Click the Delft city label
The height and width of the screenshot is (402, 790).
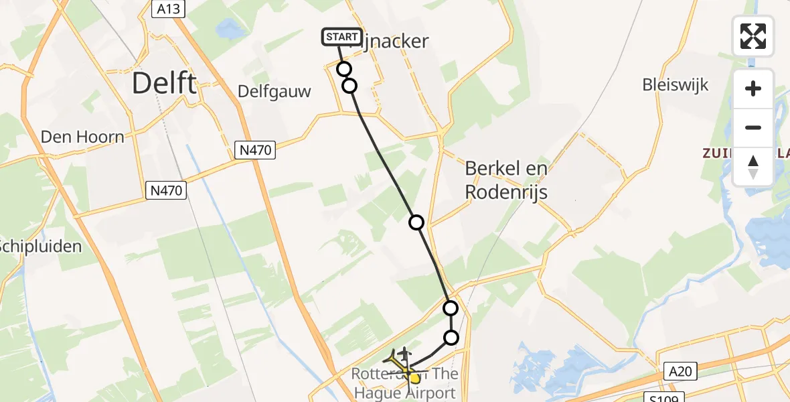(164, 84)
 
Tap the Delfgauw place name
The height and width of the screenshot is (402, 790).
(274, 92)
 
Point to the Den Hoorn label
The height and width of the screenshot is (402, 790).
(83, 137)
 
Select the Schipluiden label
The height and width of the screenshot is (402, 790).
(40, 246)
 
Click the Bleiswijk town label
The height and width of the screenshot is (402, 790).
(675, 85)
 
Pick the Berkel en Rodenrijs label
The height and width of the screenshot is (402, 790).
(507, 180)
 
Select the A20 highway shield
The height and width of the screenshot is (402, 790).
(682, 371)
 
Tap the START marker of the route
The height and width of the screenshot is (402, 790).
(342, 37)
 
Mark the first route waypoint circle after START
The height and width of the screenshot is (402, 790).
(344, 69)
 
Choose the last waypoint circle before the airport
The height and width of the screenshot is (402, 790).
(452, 338)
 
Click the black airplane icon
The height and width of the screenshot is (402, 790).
(404, 352)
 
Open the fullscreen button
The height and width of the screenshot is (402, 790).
(753, 36)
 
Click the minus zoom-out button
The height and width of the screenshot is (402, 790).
(753, 127)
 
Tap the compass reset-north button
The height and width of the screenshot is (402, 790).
(753, 166)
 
